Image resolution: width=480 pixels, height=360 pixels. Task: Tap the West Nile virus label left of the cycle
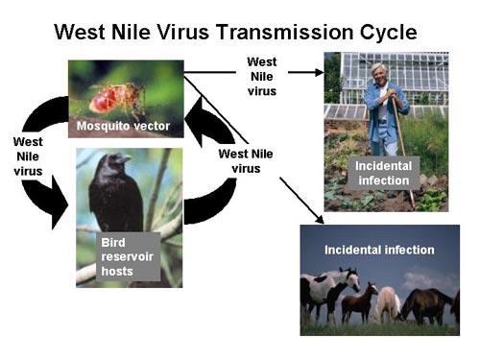[28, 157]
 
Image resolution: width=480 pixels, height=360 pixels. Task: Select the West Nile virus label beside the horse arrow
[246, 160]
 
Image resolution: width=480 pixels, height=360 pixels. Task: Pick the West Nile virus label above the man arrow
[261, 77]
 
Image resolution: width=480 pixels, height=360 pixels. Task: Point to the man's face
[381, 76]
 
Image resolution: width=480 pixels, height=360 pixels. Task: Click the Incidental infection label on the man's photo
[384, 175]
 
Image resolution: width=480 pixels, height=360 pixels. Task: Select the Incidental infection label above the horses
[380, 251]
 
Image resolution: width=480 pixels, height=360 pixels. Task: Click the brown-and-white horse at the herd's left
[326, 293]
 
